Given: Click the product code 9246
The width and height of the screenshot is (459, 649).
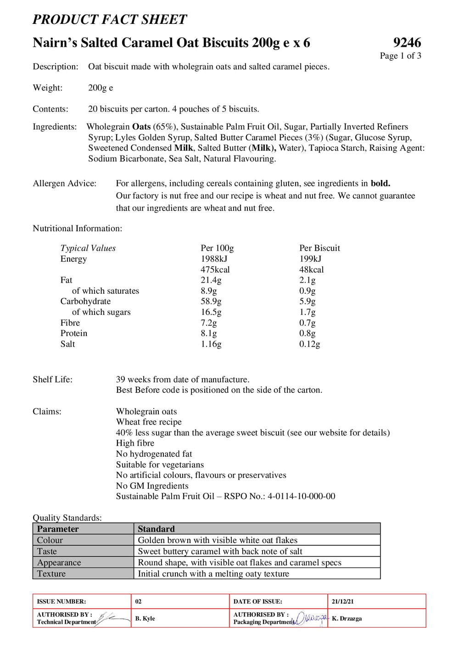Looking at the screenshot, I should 407,43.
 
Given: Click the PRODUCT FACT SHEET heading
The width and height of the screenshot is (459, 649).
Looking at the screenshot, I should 110,19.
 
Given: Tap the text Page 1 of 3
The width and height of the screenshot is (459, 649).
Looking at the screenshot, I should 400,56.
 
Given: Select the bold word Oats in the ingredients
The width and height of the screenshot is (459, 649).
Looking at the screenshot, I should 141,127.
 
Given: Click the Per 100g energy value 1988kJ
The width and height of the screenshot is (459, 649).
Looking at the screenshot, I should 214,259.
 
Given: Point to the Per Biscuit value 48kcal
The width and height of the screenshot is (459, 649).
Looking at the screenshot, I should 311,269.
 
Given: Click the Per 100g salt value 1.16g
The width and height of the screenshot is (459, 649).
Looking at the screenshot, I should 211,344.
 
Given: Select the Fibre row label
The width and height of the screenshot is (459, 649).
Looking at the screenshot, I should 70,323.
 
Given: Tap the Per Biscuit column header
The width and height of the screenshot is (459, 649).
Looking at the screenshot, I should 319,248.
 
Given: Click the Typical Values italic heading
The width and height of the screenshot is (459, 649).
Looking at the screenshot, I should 88,248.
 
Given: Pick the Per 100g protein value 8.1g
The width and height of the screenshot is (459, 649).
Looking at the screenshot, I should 208,333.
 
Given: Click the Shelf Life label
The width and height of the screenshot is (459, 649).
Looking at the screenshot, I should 52,379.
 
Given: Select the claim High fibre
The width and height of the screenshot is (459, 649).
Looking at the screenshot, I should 135,443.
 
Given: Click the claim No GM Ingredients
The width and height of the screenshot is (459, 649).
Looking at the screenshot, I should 152,486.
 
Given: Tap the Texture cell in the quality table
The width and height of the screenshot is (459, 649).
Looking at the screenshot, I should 51,573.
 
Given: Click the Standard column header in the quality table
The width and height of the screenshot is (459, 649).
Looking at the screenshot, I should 156,529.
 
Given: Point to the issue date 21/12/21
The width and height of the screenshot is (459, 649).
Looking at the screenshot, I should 342,601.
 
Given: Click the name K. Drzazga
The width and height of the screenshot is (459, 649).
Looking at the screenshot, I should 347,618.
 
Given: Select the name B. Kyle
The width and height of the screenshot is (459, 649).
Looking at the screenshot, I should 145,618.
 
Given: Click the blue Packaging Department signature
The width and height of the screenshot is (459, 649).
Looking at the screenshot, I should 311,618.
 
